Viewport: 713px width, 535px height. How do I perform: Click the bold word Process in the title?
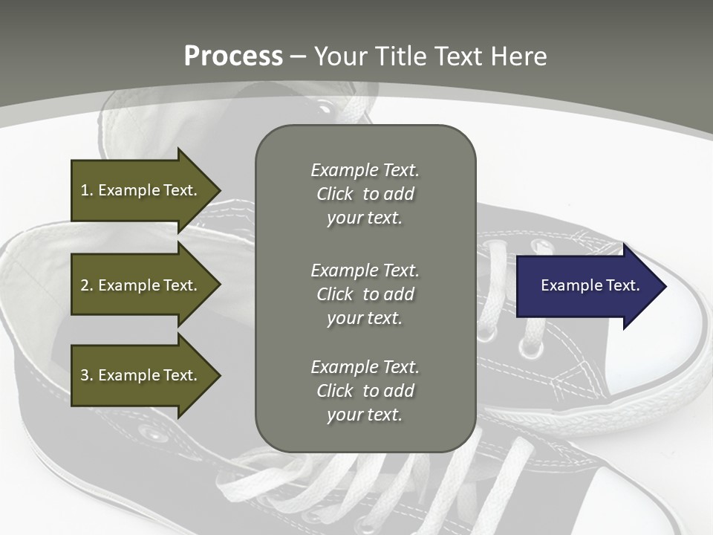(x=233, y=56)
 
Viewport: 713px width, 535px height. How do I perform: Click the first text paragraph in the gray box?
(x=365, y=193)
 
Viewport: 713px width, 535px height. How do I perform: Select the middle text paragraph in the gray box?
(x=365, y=294)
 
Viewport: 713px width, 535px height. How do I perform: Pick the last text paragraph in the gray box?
(x=365, y=390)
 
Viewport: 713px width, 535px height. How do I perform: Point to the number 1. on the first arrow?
(x=86, y=190)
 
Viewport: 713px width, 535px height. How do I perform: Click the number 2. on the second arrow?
(x=86, y=285)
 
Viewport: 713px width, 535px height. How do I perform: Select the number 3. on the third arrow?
(x=86, y=375)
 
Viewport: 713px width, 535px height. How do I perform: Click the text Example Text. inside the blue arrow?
(x=590, y=285)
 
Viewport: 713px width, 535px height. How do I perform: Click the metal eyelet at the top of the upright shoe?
(x=325, y=106)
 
